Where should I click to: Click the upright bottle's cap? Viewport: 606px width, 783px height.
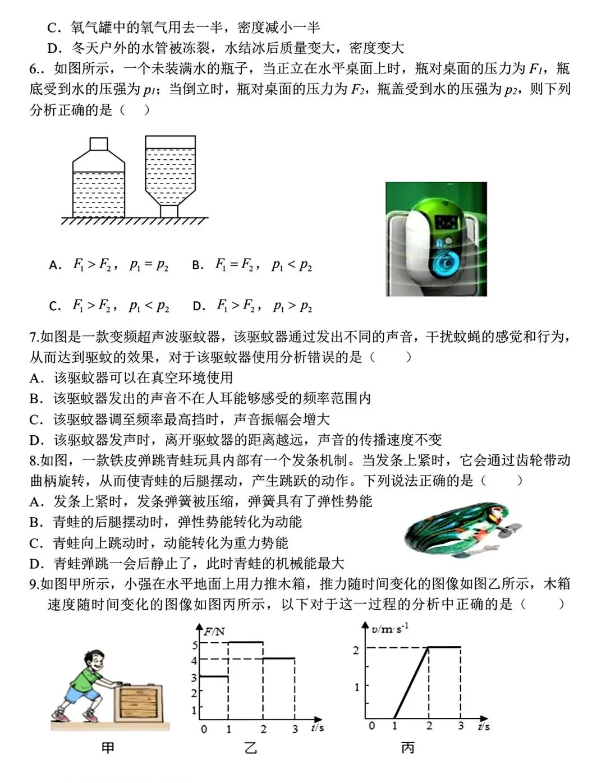tap(99, 144)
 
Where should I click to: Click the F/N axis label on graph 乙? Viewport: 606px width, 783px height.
tap(214, 631)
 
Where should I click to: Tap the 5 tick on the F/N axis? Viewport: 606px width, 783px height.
tap(195, 644)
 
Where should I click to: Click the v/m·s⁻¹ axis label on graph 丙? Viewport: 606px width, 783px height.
tap(389, 629)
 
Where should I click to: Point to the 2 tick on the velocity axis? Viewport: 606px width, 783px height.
tap(356, 650)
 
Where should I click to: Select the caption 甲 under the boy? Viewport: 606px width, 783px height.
tap(108, 748)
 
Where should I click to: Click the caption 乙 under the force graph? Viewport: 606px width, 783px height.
tap(250, 748)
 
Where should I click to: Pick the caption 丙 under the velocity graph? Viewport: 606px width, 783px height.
tap(408, 748)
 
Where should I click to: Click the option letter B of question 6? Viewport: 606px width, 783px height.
tap(197, 265)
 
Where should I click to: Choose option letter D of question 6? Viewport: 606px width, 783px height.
tap(198, 306)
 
